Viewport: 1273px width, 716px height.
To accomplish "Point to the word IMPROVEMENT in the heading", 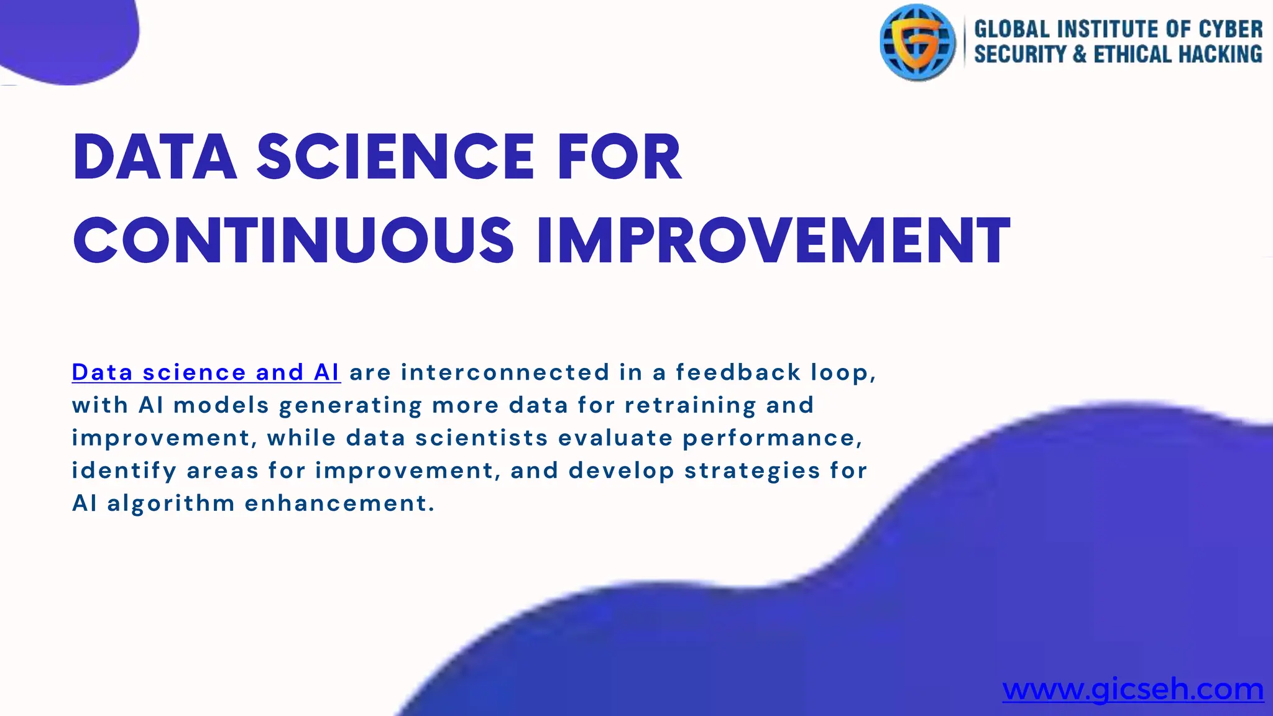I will (773, 241).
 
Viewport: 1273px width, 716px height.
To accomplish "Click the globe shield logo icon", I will (917, 42).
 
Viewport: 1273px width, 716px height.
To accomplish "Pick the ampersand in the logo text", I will (1080, 55).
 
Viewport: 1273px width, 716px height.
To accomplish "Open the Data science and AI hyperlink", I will (206, 372).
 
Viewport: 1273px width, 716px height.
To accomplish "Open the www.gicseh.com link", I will (1133, 689).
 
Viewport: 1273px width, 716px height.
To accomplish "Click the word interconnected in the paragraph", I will (505, 372).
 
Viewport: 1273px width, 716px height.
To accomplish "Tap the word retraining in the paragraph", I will (690, 405).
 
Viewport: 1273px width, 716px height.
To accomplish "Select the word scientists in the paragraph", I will (481, 438).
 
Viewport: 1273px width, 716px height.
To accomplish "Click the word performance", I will (772, 438).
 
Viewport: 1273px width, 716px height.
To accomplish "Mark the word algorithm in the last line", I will (171, 503).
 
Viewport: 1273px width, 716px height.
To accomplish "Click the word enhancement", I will (339, 503).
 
